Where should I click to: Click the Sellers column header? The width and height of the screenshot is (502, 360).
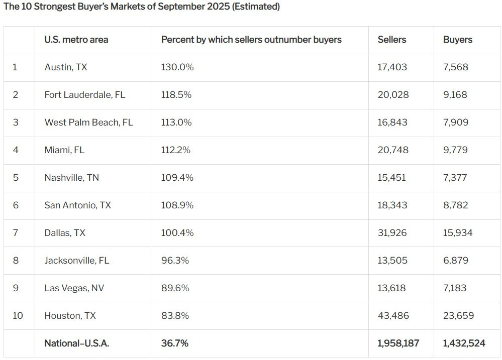pos(392,40)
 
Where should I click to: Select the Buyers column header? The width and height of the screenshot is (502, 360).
pos(458,40)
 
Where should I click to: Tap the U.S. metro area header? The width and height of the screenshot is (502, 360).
pos(76,40)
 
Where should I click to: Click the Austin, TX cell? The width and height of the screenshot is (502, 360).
pos(66,67)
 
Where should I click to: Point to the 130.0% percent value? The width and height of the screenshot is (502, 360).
pos(177,67)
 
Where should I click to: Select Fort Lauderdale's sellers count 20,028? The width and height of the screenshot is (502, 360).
pos(393,95)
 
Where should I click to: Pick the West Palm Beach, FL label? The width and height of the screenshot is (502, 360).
pos(88,122)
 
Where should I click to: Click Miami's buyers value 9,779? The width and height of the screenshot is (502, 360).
pos(455,150)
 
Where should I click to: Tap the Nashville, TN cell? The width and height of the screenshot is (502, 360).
pos(72,178)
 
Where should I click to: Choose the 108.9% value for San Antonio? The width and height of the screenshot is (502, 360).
pos(177,205)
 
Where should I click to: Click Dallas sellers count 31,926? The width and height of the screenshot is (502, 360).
pos(392,232)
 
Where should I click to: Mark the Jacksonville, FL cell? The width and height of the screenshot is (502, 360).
pos(77,261)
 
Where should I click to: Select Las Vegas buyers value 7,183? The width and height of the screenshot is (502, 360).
pos(455,288)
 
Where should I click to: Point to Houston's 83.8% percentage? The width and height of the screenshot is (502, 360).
pos(175,315)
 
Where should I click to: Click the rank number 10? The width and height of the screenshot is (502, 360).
pos(18,315)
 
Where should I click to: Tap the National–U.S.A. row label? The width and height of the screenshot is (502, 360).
pos(77,343)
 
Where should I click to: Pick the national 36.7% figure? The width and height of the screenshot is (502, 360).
pos(175,343)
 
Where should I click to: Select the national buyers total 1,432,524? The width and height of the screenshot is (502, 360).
pos(464,343)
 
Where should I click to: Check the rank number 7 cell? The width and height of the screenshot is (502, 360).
pos(16,232)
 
